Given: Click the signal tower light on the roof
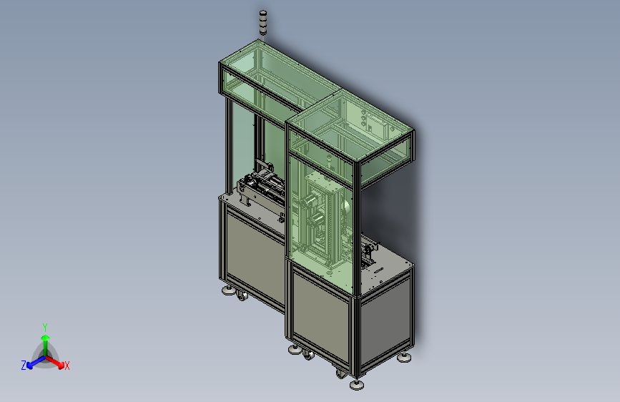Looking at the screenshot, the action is (x=263, y=24).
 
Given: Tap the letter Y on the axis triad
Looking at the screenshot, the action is (x=45, y=327).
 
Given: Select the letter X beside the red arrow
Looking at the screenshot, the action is (x=67, y=366).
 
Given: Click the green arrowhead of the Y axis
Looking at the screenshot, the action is (x=46, y=338).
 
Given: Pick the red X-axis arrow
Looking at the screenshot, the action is (x=55, y=362).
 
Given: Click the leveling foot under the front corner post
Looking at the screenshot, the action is (x=357, y=384).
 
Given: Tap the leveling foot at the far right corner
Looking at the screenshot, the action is (x=404, y=358).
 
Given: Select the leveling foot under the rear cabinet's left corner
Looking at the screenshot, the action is (x=228, y=291).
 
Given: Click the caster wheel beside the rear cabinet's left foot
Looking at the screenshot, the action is (x=242, y=295).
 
